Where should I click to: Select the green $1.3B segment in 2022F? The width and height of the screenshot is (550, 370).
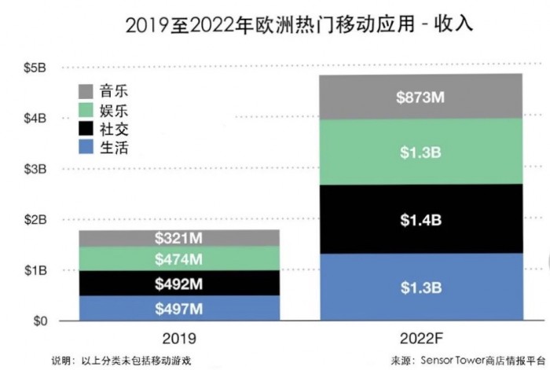pyautogui.click(x=420, y=152)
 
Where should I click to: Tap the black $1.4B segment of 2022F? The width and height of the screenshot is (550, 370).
pyautogui.click(x=420, y=218)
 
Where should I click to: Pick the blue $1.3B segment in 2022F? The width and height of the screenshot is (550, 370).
pyautogui.click(x=420, y=287)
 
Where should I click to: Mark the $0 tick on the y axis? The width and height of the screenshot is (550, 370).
pyautogui.click(x=37, y=321)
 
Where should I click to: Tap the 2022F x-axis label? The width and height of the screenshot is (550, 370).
pyautogui.click(x=420, y=340)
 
